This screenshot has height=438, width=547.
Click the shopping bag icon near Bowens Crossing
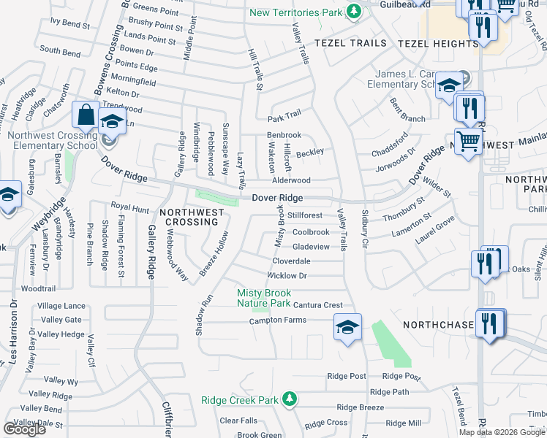click(x=86, y=116)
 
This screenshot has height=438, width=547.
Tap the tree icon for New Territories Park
click(x=354, y=12)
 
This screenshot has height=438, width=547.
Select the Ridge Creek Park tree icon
click(x=290, y=399)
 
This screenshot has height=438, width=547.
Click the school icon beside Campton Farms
click(x=348, y=326)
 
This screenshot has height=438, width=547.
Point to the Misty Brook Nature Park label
click(x=264, y=298)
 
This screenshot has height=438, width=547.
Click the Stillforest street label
click(x=305, y=216)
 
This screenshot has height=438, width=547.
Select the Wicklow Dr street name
click(x=287, y=276)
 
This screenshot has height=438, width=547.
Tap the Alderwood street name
click(x=291, y=180)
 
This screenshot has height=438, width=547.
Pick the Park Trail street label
click(x=284, y=117)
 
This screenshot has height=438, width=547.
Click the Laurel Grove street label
click(x=437, y=228)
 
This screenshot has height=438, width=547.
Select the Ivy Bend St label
click(x=70, y=23)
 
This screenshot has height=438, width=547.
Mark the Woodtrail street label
click(x=38, y=289)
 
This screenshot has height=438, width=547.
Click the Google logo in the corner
click(x=24, y=429)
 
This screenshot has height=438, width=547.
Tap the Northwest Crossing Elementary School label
click(x=52, y=140)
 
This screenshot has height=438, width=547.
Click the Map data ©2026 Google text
click(x=502, y=432)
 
